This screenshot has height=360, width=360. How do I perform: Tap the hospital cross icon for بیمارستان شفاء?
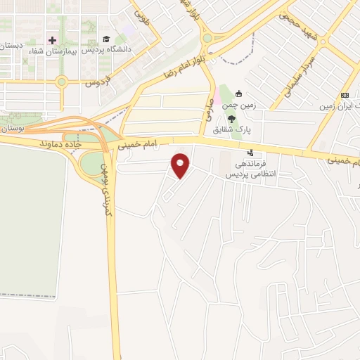(52, 39)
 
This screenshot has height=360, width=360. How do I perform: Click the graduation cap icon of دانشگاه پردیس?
(105, 39)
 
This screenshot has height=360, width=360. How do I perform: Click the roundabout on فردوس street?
(62, 82)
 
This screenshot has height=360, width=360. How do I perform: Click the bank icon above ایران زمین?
(345, 95)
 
